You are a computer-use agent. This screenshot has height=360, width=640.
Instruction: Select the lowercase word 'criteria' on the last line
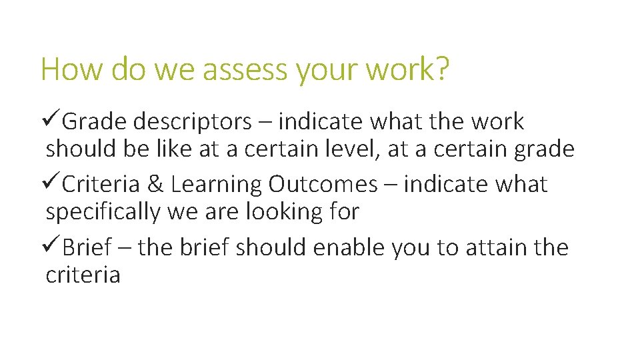pos(83,275)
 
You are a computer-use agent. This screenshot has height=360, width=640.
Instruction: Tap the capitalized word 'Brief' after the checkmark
pos(87,247)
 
